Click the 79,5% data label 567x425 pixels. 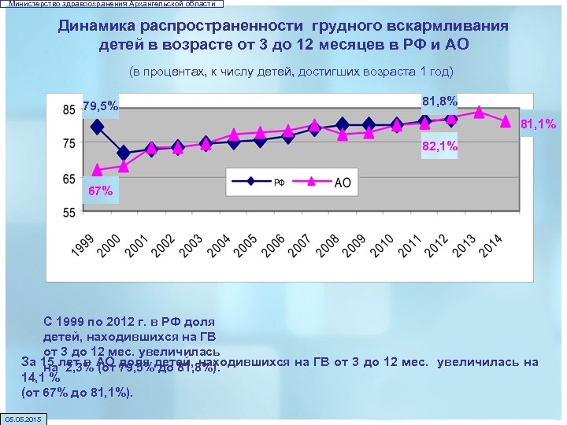tap(100, 106)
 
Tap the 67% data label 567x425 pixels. tap(100, 191)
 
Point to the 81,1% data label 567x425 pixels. tap(539, 124)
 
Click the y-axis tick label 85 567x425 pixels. tap(69, 108)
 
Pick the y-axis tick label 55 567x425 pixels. tap(69, 213)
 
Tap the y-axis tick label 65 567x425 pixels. tap(69, 178)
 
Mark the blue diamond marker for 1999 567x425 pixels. tap(97, 127)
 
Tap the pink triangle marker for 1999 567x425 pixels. tap(97, 169)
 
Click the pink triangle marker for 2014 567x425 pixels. tap(506, 121)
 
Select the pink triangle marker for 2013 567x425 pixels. tap(479, 112)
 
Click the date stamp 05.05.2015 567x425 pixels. tap(25, 418)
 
